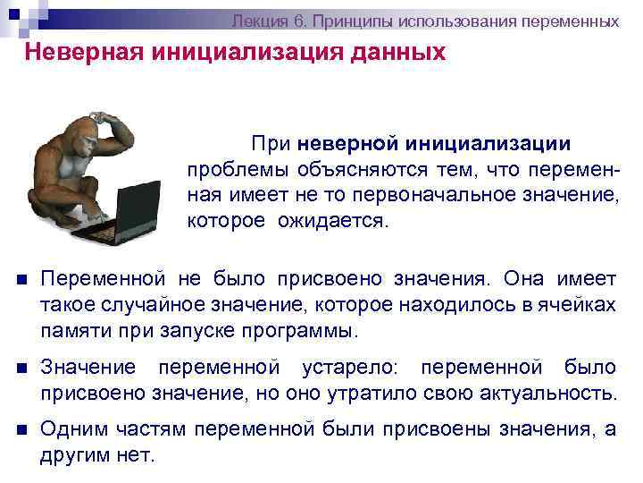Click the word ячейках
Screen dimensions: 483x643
tap(576, 306)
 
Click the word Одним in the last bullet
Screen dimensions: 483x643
tap(71, 428)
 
